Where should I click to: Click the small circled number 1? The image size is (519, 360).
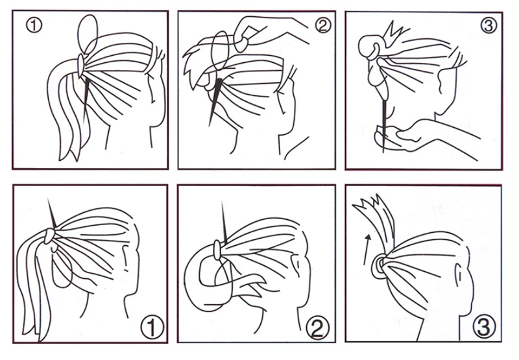pos(34,25)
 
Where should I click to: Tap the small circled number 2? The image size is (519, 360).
pos(322,25)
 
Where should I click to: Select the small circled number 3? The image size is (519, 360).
pos(489,25)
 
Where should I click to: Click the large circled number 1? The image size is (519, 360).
pos(152,327)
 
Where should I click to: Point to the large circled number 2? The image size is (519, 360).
pos(317,327)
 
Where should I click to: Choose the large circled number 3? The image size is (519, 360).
pos(483,326)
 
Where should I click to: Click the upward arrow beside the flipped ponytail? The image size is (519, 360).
pos(367,250)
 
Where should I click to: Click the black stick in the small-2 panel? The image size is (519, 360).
pos(215,102)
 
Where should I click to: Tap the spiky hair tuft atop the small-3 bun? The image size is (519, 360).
pos(394,31)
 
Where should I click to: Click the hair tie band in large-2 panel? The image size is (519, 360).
pos(217,250)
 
